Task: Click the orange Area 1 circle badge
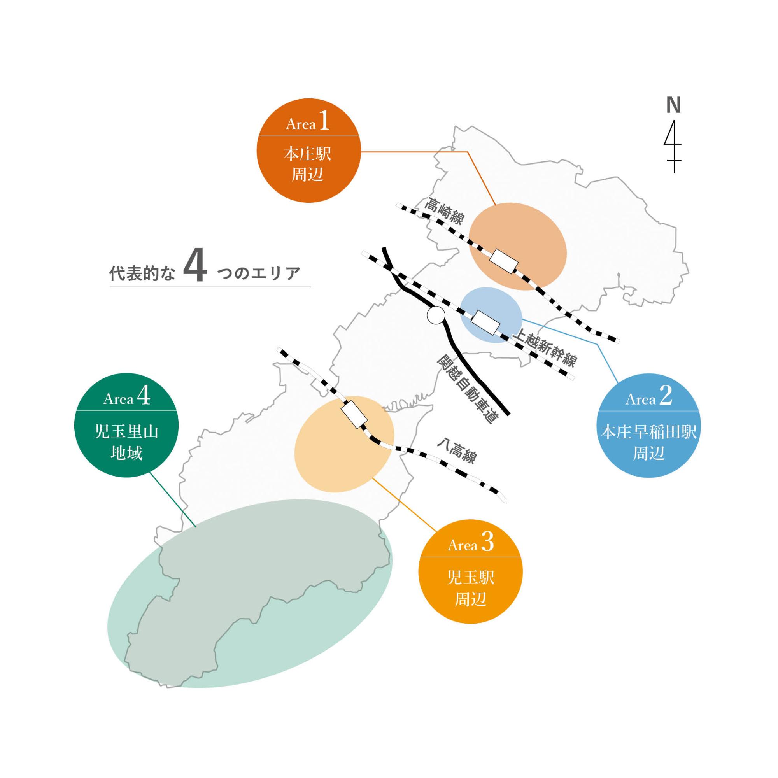tap(308, 150)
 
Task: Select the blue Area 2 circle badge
tap(648, 426)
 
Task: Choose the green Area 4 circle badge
tap(126, 425)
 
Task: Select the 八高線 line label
tap(457, 452)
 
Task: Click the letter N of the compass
tap(673, 105)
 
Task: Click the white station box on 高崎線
tap(503, 261)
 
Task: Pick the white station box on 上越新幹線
tap(485, 322)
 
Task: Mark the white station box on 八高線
tap(354, 414)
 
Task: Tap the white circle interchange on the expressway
tap(436, 315)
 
